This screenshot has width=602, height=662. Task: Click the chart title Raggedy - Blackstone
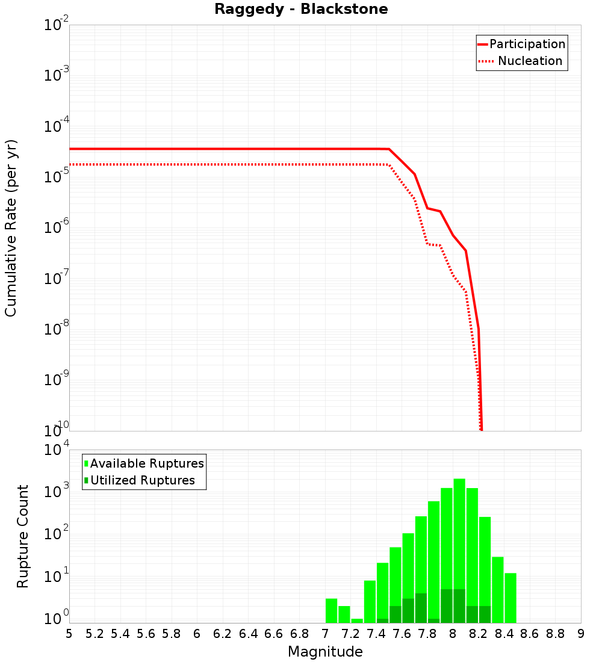301,9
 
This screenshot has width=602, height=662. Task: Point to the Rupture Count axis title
23,536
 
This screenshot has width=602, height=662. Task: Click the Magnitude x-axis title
325,652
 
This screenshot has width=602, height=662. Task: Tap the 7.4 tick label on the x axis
376,634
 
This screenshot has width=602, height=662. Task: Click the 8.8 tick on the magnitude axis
555,634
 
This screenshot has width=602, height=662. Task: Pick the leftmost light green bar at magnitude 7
331,610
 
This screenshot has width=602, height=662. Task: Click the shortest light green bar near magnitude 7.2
357,620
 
